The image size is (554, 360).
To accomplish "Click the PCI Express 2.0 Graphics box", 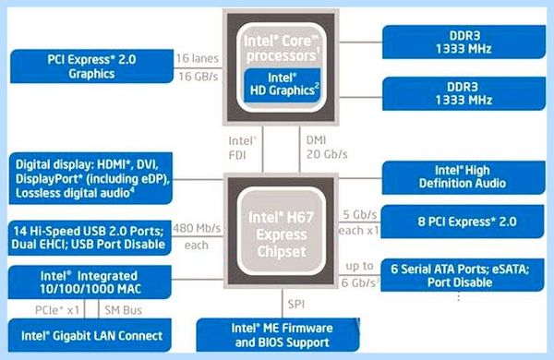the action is [91, 66].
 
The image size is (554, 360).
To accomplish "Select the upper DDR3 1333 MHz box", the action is [464, 42].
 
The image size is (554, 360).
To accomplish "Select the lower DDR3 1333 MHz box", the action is [464, 93].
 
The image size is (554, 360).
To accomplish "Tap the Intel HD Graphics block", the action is [283, 85].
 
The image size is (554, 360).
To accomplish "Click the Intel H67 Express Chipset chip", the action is [282, 232].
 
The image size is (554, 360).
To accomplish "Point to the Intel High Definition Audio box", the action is [464, 177].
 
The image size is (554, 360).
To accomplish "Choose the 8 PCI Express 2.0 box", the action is [463, 222].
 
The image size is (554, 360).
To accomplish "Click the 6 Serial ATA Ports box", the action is [463, 275].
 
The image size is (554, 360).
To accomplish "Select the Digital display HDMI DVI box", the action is [91, 178].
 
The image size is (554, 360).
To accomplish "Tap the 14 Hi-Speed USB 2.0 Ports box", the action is [90, 238].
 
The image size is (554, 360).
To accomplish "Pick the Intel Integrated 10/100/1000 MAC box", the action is [90, 282].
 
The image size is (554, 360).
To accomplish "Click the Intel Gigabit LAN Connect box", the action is [90, 335].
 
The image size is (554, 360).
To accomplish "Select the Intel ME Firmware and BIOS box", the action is [278, 335].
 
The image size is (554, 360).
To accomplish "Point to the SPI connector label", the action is [296, 305].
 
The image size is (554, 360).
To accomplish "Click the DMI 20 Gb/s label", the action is [327, 147].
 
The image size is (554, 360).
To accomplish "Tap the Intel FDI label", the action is [242, 148].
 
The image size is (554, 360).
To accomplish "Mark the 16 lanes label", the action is [198, 58].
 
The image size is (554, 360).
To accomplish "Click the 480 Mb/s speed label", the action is [197, 229].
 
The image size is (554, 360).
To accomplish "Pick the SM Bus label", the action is [124, 310].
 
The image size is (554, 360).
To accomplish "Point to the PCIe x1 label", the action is [57, 310].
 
